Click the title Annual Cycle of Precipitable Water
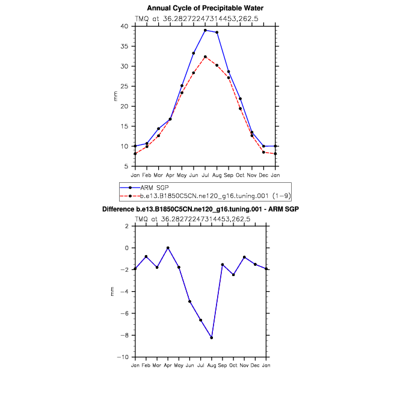tap(205, 8)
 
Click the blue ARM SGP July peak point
tap(205, 30)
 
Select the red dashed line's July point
tap(205, 57)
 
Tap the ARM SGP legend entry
tap(153, 188)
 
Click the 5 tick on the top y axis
tap(128, 166)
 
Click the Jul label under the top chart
tap(205, 175)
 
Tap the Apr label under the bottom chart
tap(168, 366)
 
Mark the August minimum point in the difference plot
tap(212, 337)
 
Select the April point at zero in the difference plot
tap(168, 248)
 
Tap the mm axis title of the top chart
tap(115, 96)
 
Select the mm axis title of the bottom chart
tap(112, 292)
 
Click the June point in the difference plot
tap(189, 301)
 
